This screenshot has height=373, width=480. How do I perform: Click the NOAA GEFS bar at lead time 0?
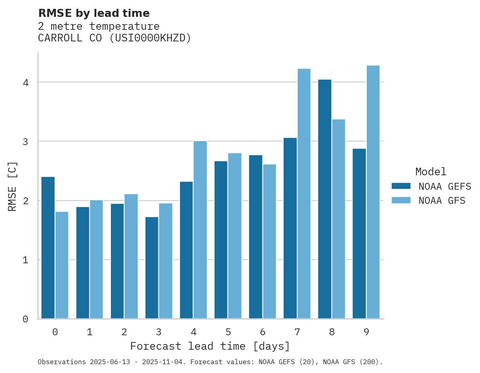click(x=48, y=248)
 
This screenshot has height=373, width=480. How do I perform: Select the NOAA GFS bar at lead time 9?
click(x=373, y=192)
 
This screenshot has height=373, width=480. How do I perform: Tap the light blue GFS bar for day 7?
click(x=304, y=194)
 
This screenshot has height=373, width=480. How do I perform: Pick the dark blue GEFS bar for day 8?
click(x=325, y=199)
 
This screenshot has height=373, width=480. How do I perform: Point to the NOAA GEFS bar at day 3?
click(x=152, y=268)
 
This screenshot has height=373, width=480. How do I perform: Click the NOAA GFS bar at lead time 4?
click(x=200, y=230)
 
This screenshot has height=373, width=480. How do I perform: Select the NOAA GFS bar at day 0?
click(x=62, y=265)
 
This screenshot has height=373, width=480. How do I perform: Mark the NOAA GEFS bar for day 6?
click(x=255, y=237)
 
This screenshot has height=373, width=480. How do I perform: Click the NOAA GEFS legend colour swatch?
click(x=401, y=186)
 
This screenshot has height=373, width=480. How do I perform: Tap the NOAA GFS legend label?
click(x=442, y=201)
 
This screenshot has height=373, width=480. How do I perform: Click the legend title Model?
click(x=431, y=172)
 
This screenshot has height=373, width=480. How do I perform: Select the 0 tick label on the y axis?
click(x=25, y=319)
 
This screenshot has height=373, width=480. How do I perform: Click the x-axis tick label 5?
click(x=228, y=332)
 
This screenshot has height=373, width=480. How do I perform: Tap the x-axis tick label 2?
click(x=124, y=332)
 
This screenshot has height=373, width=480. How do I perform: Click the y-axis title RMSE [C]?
click(x=12, y=186)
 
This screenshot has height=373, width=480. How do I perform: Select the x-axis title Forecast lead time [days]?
click(x=210, y=346)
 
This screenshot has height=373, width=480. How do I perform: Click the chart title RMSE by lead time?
click(x=94, y=13)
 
